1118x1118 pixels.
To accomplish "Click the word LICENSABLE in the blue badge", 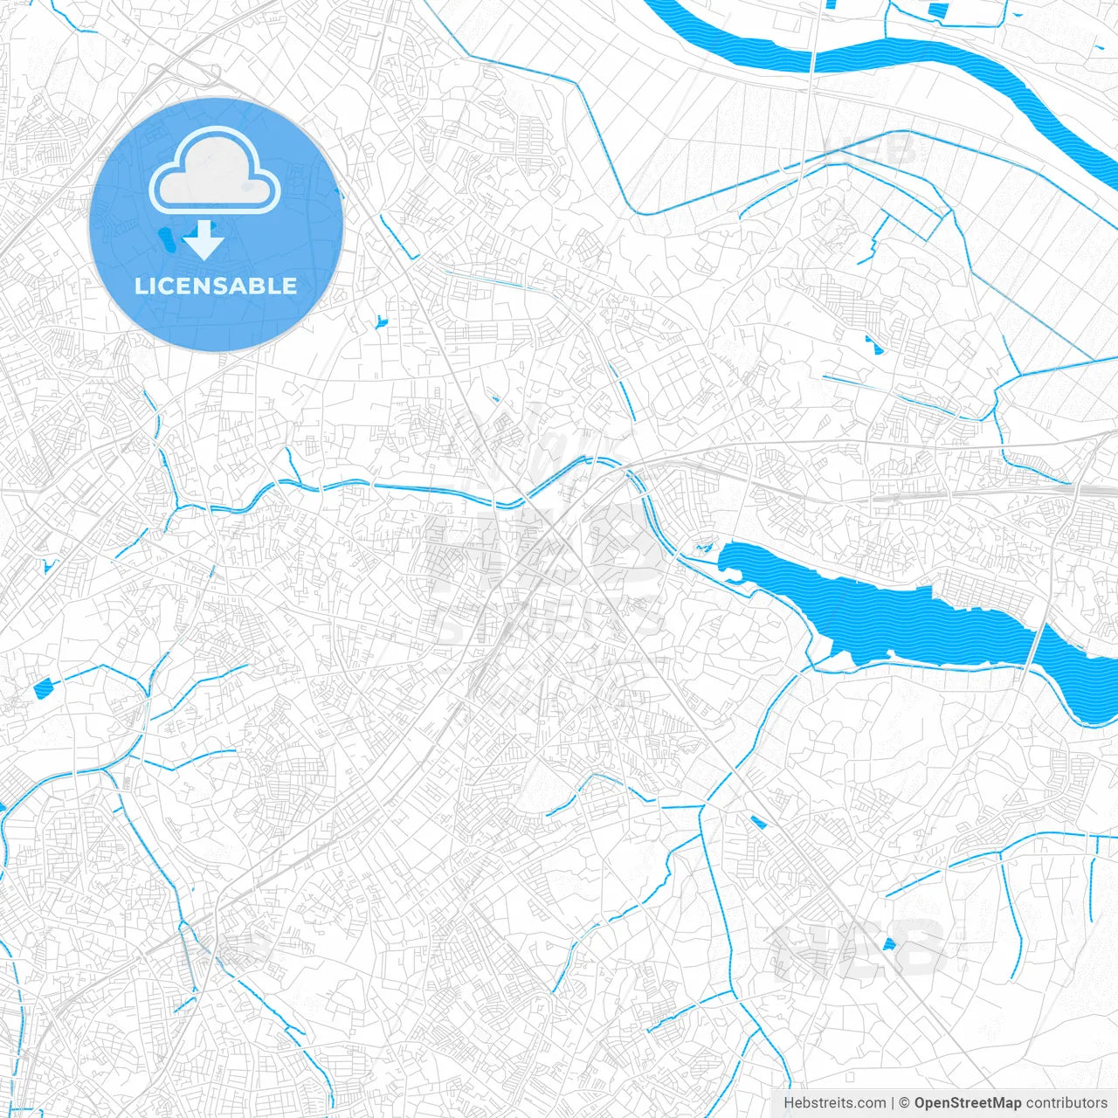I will [x=216, y=286].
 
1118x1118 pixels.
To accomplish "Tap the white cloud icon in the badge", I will [x=215, y=172].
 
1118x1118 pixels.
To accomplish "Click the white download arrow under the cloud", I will [x=204, y=241].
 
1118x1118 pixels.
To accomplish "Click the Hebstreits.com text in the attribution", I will [x=834, y=1103].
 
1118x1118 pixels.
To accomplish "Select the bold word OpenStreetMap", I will [x=967, y=1103].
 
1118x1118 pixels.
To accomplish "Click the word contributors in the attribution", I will [x=1066, y=1103].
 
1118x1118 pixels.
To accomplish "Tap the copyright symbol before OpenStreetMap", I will [x=905, y=1103].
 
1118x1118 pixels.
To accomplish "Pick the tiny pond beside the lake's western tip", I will [x=701, y=549].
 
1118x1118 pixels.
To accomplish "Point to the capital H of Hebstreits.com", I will [x=789, y=1103].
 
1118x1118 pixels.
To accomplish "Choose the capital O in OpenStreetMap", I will [x=921, y=1103].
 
